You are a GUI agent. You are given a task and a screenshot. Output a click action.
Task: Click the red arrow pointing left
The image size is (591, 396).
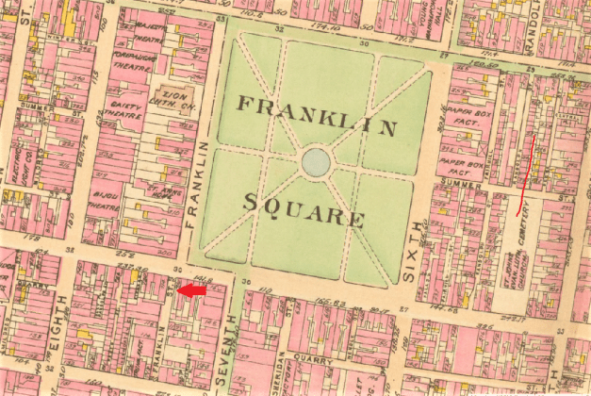click(x=191, y=291)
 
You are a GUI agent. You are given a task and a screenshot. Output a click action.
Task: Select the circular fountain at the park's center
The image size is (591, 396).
click(x=316, y=163)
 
